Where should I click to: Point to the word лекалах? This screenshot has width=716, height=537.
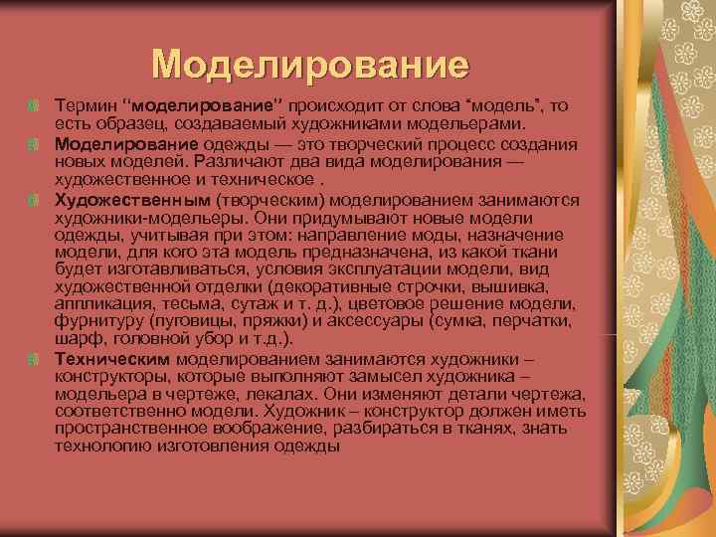[292, 393]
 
